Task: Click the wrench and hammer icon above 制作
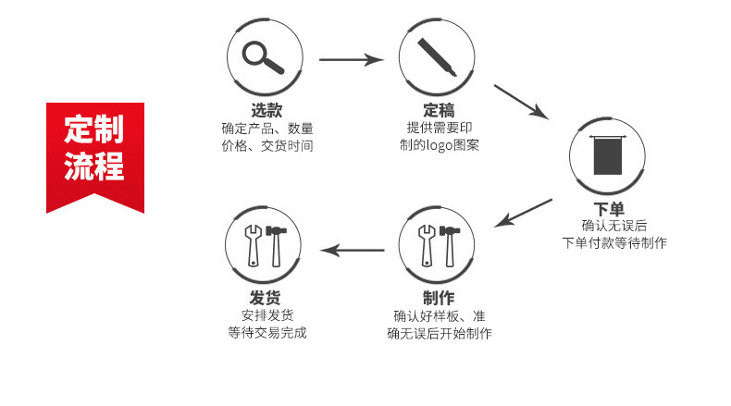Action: point(439,245)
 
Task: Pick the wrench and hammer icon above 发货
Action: point(266,245)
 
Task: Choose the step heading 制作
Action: point(439,298)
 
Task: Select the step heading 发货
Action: point(266,298)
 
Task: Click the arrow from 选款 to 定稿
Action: point(352,60)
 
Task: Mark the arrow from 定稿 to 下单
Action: point(522,101)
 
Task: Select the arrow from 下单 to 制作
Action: point(525,213)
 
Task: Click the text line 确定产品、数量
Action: point(266,129)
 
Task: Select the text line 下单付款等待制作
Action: point(613,242)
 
